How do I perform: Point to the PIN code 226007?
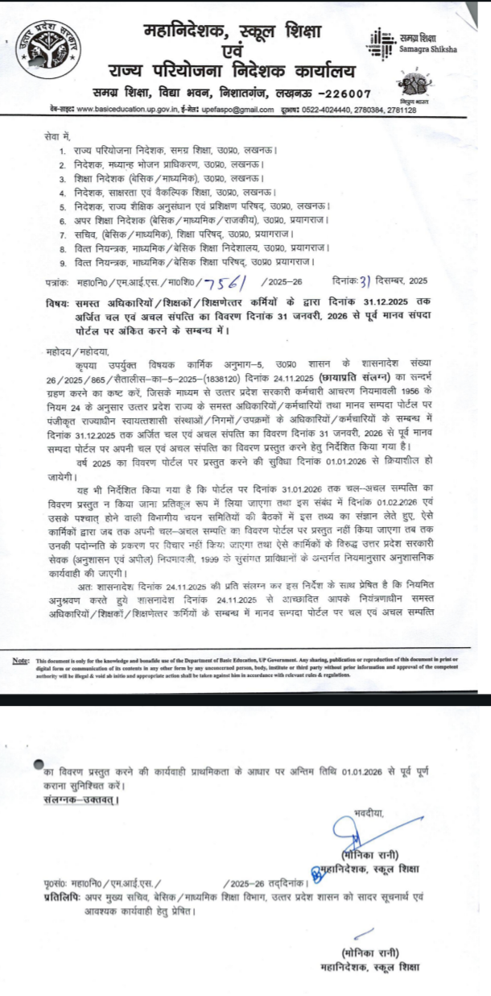tap(347, 94)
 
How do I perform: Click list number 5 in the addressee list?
tap(63, 205)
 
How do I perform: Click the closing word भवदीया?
tap(369, 815)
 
